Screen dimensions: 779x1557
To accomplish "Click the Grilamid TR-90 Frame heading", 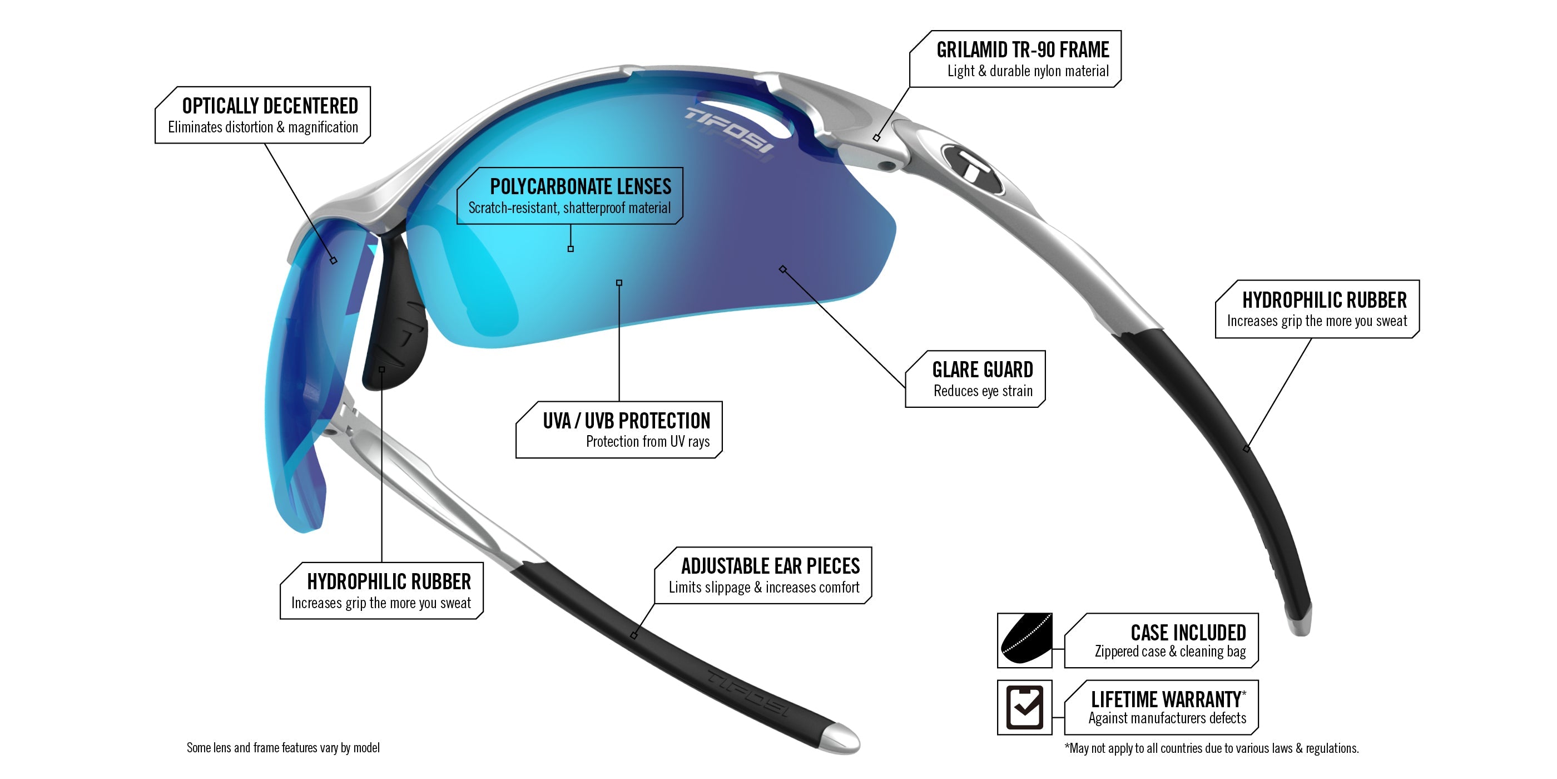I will point(1022,50).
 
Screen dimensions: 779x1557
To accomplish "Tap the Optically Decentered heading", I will point(270,106).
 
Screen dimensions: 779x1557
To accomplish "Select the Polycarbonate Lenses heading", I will point(580,186).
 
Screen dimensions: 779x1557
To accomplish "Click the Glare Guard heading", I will point(982,369).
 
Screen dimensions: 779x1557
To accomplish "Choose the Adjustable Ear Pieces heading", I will point(770,566).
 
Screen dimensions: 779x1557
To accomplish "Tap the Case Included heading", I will point(1188,633).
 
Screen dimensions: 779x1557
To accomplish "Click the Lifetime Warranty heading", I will point(1166,700).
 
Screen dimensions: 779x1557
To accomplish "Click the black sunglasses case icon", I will point(1024,640).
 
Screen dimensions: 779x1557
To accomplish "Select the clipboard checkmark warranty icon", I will point(1024,707).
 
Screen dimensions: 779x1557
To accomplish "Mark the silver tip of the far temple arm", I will point(1300,623).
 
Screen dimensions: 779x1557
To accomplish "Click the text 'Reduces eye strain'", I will point(983,391).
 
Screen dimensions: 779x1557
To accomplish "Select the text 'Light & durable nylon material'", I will point(1028,71).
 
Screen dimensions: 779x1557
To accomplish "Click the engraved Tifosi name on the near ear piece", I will point(747,693).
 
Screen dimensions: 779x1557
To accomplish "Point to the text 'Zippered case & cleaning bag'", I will point(1170,652).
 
